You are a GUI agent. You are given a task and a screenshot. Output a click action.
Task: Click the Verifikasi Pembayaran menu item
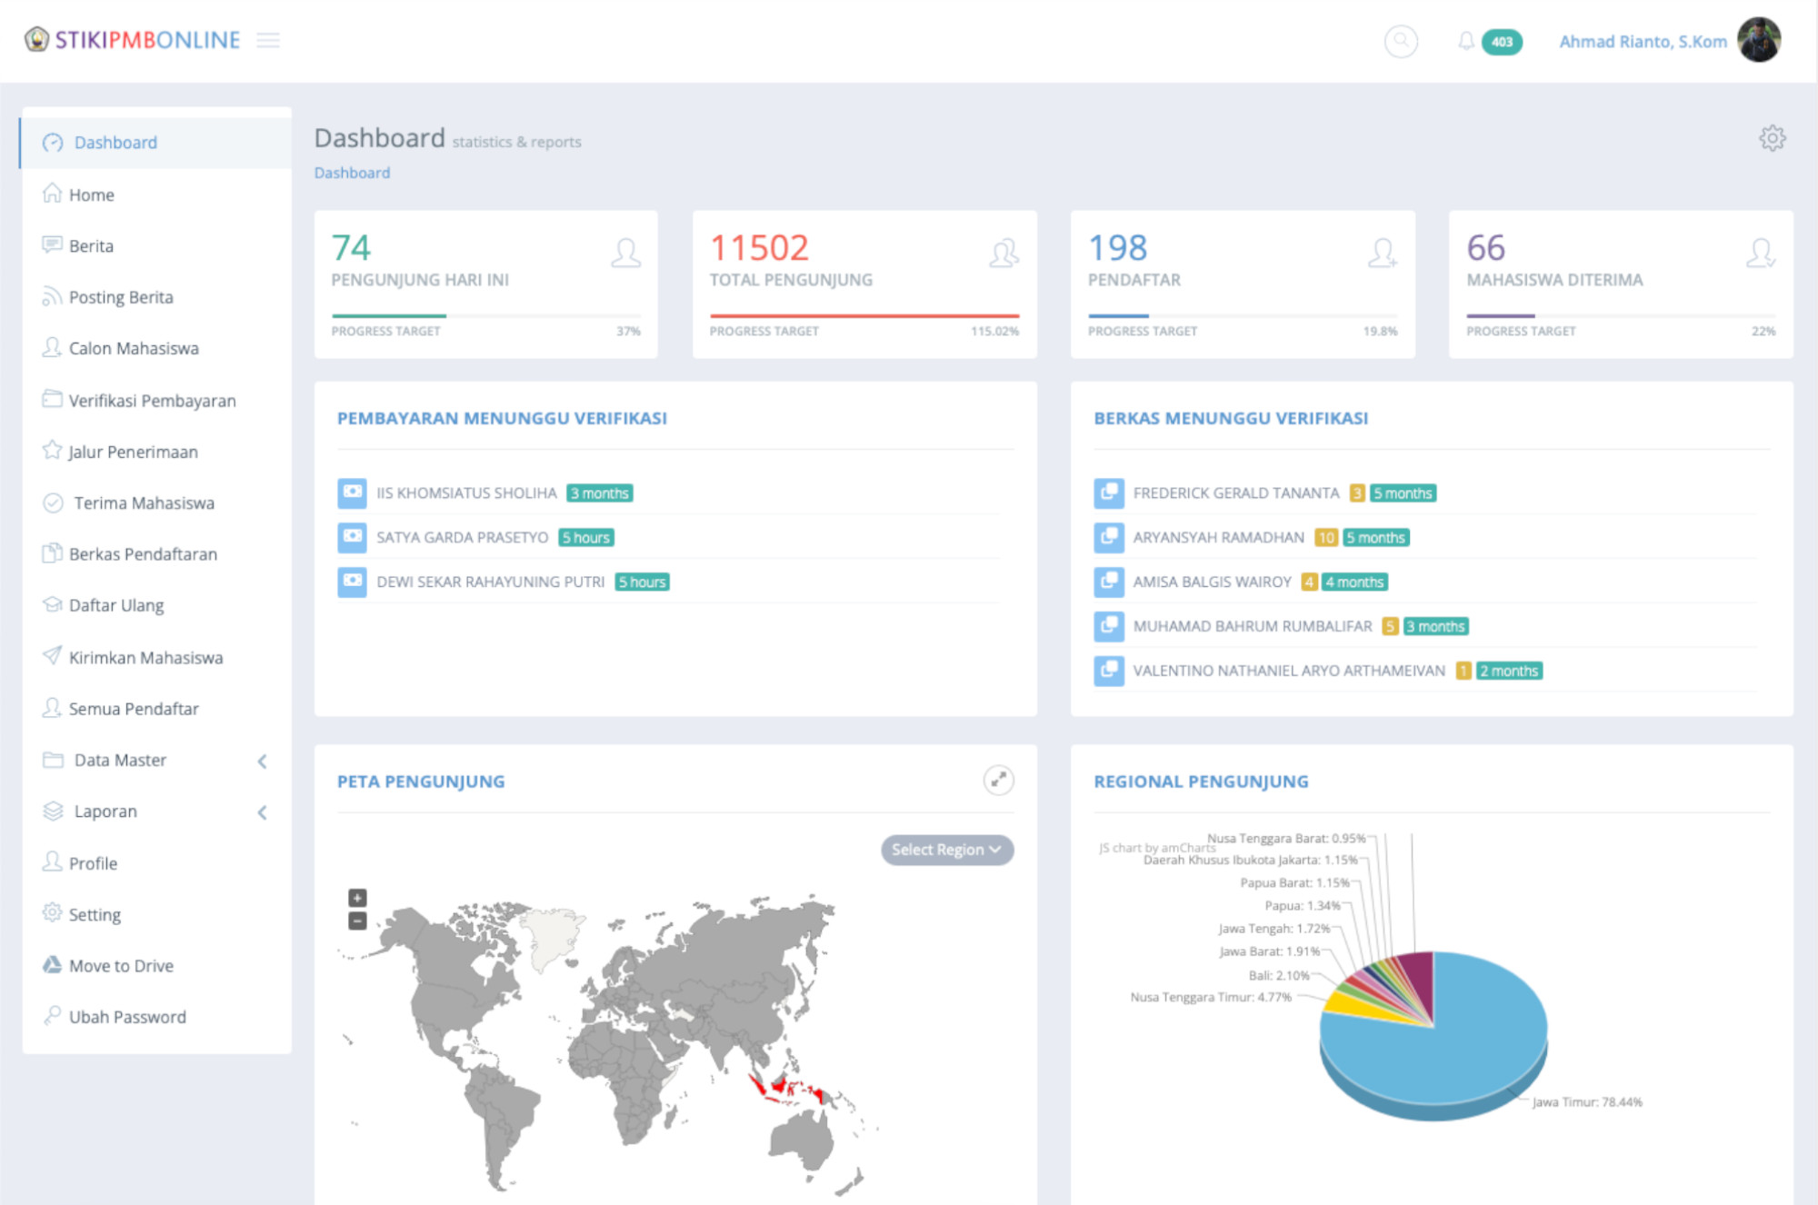pos(152,401)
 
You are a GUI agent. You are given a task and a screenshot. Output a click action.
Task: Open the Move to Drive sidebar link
pos(121,966)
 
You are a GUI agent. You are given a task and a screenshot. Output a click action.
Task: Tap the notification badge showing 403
pos(1502,42)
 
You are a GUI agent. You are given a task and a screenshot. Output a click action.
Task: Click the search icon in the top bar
pos(1401,41)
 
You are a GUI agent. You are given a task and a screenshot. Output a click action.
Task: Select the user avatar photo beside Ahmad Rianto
pos(1759,40)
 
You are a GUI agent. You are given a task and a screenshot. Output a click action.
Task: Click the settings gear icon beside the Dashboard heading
pos(1772,138)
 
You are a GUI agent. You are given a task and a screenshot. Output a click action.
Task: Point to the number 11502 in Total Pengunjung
pos(759,248)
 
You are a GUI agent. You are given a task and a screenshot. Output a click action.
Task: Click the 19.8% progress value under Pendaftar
pos(1380,332)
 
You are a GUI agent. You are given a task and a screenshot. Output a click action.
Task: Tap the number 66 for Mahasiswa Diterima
pos(1485,248)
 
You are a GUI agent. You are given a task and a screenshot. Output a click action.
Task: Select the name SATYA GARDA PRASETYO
pos(462,538)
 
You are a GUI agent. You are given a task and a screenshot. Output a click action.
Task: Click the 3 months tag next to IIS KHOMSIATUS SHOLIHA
pos(600,493)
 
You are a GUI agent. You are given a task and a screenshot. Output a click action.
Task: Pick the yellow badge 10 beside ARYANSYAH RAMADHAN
pos(1326,538)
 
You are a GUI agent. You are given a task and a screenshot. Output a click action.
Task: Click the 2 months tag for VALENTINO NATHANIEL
pos(1509,672)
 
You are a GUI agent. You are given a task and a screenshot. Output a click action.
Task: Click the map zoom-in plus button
pos(357,898)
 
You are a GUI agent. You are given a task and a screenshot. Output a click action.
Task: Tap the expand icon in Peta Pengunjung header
pos(998,780)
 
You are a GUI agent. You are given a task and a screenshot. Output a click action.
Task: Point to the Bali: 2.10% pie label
pos(1278,975)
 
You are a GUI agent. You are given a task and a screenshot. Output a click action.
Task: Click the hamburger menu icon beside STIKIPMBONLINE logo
pos(268,40)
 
